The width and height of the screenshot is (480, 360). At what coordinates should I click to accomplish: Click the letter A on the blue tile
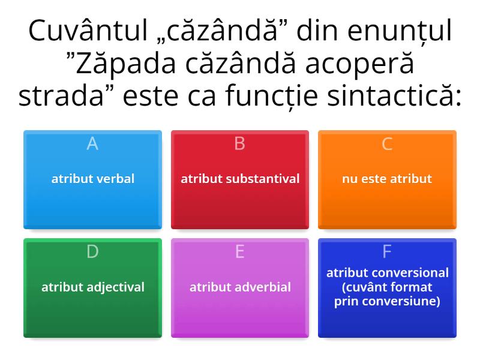click(x=92, y=144)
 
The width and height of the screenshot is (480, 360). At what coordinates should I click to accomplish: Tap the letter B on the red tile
click(x=240, y=144)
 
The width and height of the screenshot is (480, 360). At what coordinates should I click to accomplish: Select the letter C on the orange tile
click(x=387, y=144)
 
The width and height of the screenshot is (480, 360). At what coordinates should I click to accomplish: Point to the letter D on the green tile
click(x=92, y=252)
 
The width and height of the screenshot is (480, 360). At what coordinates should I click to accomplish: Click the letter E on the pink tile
click(x=240, y=252)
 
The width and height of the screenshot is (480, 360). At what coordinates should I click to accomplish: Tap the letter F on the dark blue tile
click(x=387, y=252)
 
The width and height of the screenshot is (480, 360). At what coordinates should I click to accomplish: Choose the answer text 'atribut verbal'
click(x=92, y=179)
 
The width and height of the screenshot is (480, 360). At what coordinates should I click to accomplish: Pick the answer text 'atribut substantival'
click(x=240, y=179)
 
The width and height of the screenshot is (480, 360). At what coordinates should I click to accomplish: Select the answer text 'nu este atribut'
click(x=387, y=179)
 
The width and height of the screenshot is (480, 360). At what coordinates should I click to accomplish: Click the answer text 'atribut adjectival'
click(x=92, y=287)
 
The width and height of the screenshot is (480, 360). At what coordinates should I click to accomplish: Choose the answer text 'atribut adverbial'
click(x=240, y=287)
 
